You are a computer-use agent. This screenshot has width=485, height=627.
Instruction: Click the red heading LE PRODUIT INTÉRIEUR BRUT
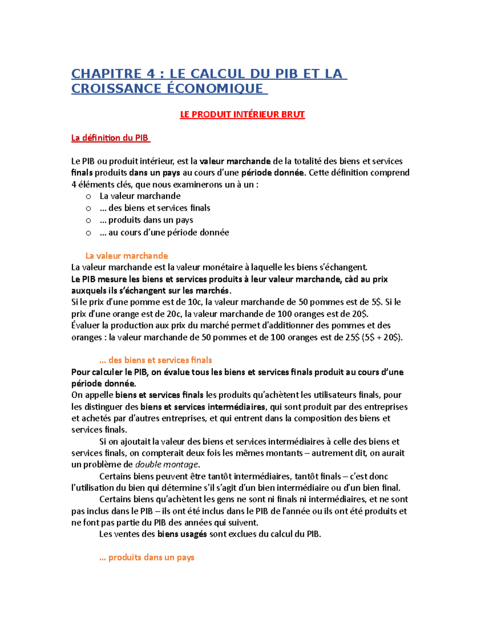[x=242, y=115]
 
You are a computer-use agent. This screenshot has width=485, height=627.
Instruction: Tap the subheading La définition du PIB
[x=110, y=138]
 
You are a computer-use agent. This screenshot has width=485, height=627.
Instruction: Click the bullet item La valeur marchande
[x=140, y=196]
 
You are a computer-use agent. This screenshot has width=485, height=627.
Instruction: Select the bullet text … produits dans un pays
[x=146, y=220]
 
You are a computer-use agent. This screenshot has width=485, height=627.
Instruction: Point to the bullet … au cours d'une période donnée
[x=164, y=233]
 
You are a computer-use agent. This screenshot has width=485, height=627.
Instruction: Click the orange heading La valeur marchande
[x=127, y=256]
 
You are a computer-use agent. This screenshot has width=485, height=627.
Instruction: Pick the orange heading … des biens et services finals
[x=156, y=360]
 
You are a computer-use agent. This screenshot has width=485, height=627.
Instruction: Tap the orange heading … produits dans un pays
[x=147, y=558]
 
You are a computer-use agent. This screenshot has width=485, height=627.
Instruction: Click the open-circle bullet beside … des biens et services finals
[x=89, y=208]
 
